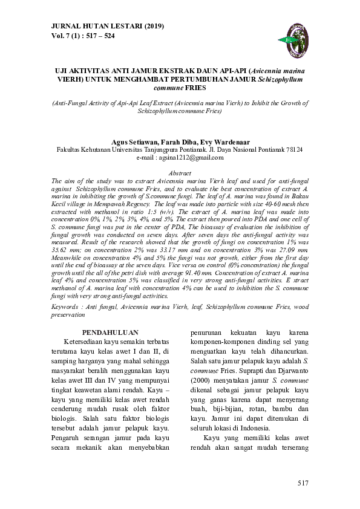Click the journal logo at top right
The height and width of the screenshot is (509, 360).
296,33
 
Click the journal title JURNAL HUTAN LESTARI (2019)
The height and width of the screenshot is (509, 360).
99,27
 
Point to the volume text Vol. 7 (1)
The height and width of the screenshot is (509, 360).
65,36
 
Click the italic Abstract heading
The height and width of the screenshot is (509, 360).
180,173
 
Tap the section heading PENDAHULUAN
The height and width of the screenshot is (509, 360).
110,332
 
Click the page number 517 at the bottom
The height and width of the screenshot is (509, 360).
303,483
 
